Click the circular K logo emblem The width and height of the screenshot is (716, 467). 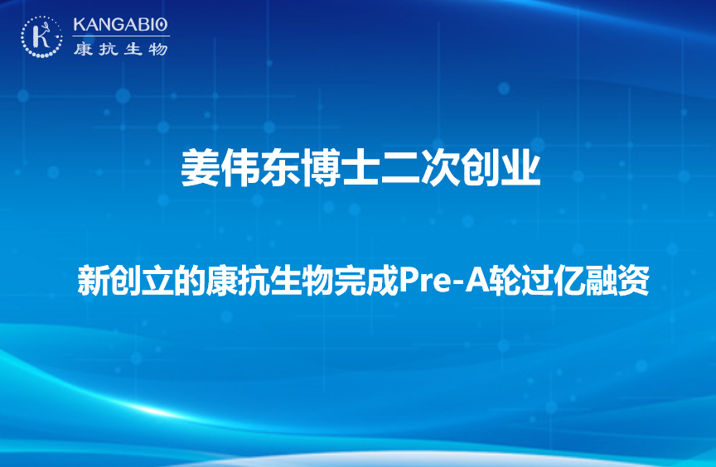pos(41,37)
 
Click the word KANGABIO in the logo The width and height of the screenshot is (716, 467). pos(121,25)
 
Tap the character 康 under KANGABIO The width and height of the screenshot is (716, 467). pos(83,48)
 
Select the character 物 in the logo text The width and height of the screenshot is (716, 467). pos(158,48)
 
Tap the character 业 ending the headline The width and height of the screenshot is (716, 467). pos(521,168)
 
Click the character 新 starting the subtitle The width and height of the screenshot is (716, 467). pos(93,280)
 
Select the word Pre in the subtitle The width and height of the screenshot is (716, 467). pos(423,281)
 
